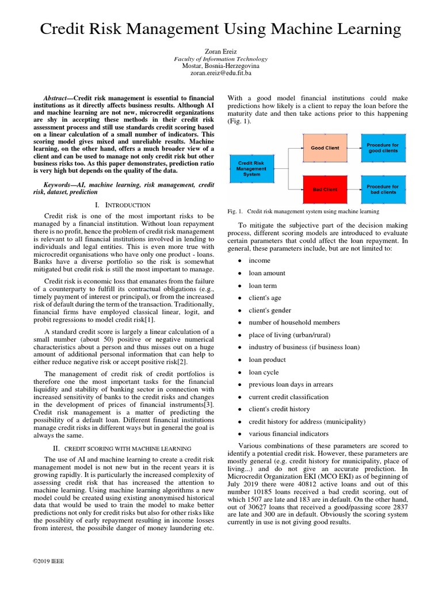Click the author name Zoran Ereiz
point(221,51)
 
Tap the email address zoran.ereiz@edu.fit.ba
point(221,74)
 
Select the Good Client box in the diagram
point(325,147)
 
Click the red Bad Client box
point(325,189)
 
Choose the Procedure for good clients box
point(383,147)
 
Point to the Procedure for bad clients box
point(383,189)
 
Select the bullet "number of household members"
point(294,323)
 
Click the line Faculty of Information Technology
point(221,59)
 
